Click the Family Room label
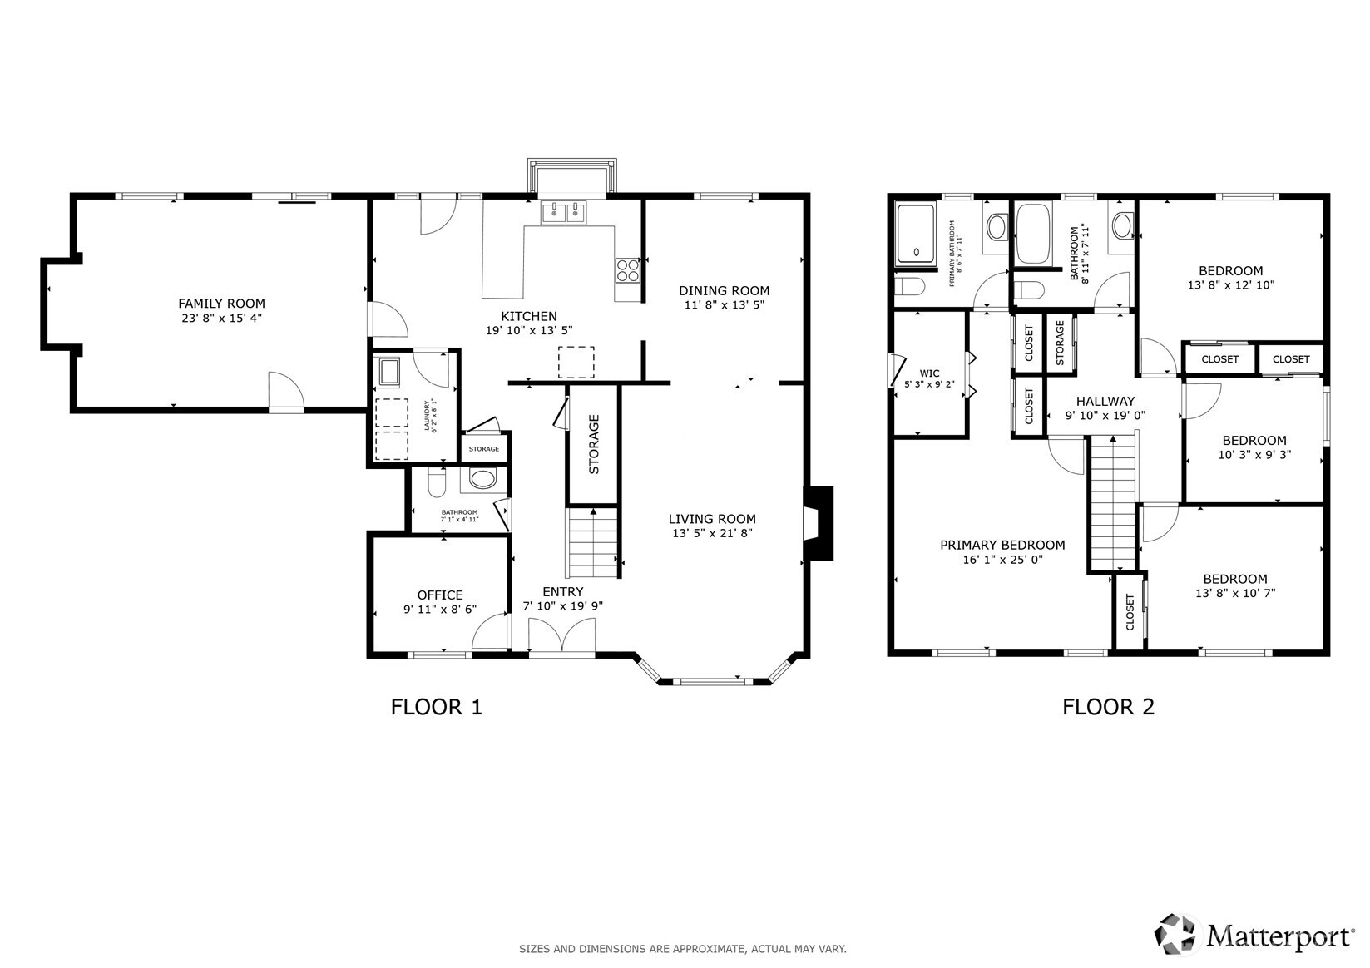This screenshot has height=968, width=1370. coord(221,304)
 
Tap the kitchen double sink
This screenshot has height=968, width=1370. coord(563,212)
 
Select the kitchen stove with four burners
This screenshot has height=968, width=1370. coord(627,270)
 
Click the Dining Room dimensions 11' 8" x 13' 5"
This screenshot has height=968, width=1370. coord(725,305)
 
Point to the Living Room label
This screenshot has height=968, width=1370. coord(712,519)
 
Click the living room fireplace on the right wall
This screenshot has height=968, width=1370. coord(819,523)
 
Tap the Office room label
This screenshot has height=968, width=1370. coord(440,595)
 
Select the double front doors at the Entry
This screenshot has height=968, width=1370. coord(562,636)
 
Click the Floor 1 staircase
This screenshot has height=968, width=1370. coord(591,543)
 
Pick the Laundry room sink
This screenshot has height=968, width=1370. coord(389,372)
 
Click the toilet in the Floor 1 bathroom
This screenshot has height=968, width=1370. coord(436,482)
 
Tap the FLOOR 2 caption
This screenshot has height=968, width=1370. coord(1108,708)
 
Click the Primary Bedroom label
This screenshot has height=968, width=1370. coord(1002,545)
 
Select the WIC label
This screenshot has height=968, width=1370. coord(930,373)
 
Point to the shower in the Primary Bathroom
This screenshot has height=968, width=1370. coord(916,235)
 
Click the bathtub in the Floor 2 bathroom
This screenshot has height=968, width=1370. coord(1033,234)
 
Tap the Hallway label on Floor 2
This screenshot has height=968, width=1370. coord(1105,402)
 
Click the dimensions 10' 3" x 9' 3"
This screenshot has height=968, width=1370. coord(1254,455)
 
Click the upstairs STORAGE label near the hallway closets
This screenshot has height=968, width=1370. coord(1060,343)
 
